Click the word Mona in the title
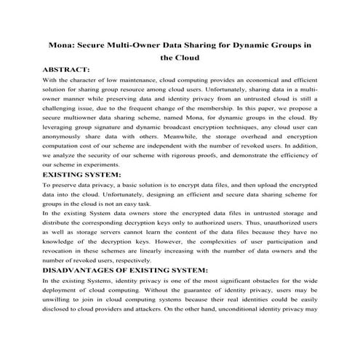62,44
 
